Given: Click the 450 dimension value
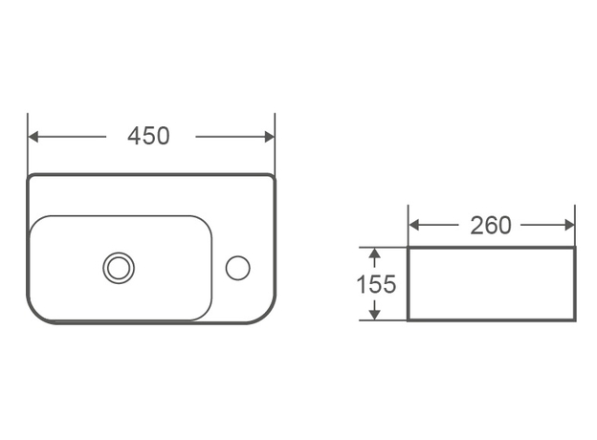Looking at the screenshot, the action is [148, 136].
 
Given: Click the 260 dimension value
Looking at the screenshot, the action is [491, 226].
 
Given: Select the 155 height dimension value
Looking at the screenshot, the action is [376, 284].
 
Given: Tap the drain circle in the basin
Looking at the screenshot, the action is [119, 268].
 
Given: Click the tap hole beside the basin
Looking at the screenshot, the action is [237, 268].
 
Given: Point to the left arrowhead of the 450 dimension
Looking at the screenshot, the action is [33, 137].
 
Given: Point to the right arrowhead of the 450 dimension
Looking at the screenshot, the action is [270, 137].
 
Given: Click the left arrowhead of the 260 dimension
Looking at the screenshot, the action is [414, 225].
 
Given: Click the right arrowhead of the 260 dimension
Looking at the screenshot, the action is [570, 225].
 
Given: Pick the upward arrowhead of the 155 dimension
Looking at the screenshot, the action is [375, 253].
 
